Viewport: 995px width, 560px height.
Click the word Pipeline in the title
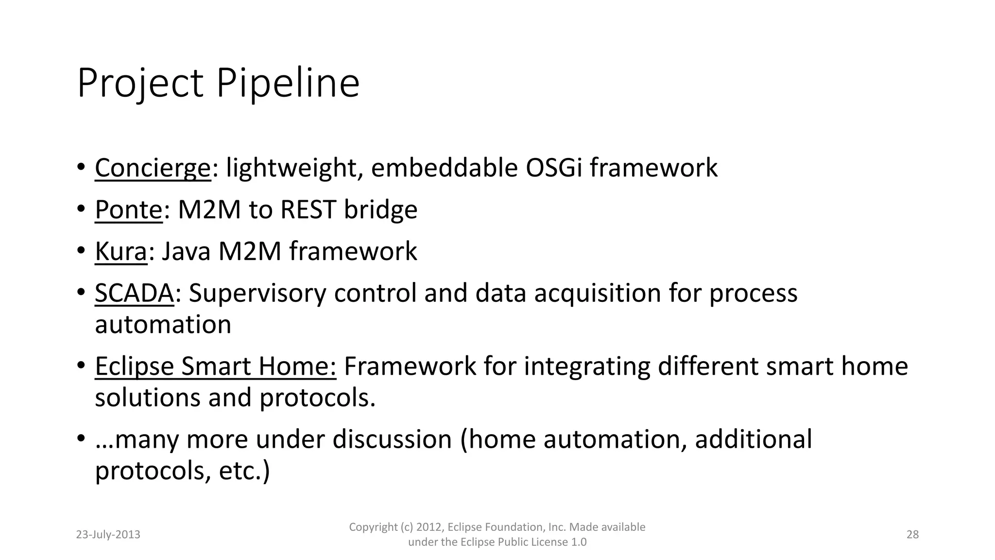(287, 84)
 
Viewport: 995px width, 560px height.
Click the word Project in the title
(139, 84)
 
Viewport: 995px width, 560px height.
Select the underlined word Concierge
(153, 168)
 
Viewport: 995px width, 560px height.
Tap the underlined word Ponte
(128, 210)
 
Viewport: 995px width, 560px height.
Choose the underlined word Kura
(120, 252)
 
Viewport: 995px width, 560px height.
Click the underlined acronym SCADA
(134, 294)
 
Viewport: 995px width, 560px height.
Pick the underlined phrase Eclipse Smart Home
(215, 367)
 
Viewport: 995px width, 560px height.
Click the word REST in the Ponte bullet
(308, 210)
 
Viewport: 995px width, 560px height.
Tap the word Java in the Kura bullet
(186, 252)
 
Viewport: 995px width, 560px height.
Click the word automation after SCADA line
(163, 325)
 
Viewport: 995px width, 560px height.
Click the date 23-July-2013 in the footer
(108, 535)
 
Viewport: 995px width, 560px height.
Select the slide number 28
(912, 535)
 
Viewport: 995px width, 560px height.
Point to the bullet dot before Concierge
(81, 168)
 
